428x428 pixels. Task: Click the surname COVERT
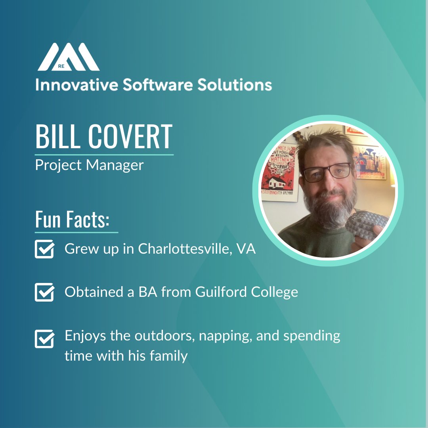click(130, 137)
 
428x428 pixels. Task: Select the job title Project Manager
click(89, 165)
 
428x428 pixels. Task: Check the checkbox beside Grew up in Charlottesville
click(44, 249)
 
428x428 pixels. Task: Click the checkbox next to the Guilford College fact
click(44, 292)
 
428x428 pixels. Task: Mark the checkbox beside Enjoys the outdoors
click(44, 339)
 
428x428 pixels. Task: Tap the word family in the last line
click(168, 355)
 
